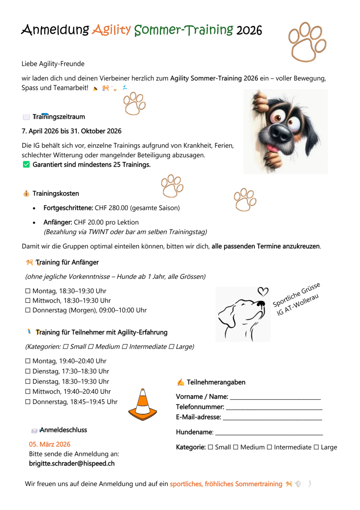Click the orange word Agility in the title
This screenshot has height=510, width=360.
point(111,30)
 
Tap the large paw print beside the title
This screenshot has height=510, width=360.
point(307,42)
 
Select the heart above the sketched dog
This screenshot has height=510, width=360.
point(263,291)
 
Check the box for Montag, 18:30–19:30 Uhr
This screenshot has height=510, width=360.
point(28,291)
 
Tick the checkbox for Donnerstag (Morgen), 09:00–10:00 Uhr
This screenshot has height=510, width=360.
point(28,310)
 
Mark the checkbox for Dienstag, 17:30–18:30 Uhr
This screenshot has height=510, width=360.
point(28,371)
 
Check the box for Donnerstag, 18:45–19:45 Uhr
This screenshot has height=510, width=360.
point(28,402)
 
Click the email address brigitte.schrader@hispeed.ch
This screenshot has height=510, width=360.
point(72,464)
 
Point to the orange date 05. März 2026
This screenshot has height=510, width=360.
point(50,444)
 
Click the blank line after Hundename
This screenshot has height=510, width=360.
point(269,433)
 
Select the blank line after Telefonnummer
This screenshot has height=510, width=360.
point(274,407)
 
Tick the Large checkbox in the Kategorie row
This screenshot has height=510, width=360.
point(316,447)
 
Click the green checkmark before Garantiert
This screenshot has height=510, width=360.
point(26,165)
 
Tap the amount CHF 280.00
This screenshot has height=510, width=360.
point(111,208)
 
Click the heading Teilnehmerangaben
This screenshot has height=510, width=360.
point(216,382)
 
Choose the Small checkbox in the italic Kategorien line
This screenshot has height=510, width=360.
point(65,347)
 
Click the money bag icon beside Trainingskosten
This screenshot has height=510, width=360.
point(26,193)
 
